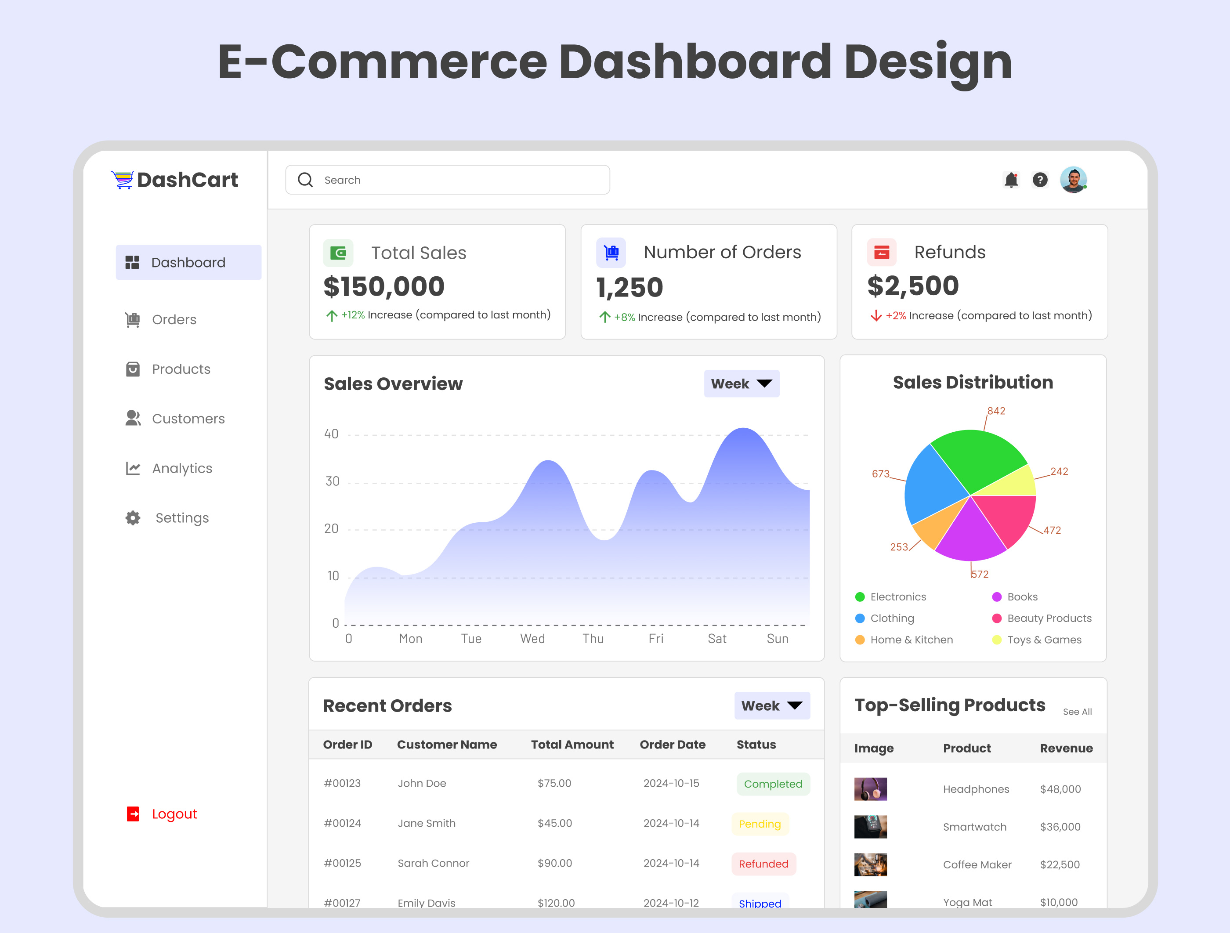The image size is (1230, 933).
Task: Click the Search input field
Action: click(x=448, y=180)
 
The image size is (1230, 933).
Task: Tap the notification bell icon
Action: click(x=1011, y=180)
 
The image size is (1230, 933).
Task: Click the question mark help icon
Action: click(x=1040, y=180)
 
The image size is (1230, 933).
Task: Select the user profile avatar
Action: click(x=1073, y=180)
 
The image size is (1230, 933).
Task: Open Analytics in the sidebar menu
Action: click(x=182, y=468)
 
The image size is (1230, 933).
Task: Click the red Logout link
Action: click(x=174, y=814)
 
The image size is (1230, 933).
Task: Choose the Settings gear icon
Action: click(x=133, y=517)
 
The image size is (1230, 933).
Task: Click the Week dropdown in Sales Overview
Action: click(x=741, y=383)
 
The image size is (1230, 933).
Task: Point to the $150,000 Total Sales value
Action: click(x=383, y=287)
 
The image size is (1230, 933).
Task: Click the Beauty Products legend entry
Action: click(x=1049, y=618)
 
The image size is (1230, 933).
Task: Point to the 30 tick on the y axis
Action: click(x=333, y=481)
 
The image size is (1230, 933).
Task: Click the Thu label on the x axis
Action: click(x=593, y=639)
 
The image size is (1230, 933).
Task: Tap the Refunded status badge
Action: click(x=763, y=864)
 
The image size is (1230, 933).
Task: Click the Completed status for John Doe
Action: click(x=772, y=784)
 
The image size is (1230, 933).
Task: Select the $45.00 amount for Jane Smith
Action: click(x=554, y=823)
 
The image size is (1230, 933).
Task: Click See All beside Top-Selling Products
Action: click(x=1077, y=712)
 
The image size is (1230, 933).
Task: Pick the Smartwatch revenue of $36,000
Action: click(x=1060, y=827)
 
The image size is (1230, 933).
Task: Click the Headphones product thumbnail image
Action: click(x=870, y=789)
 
